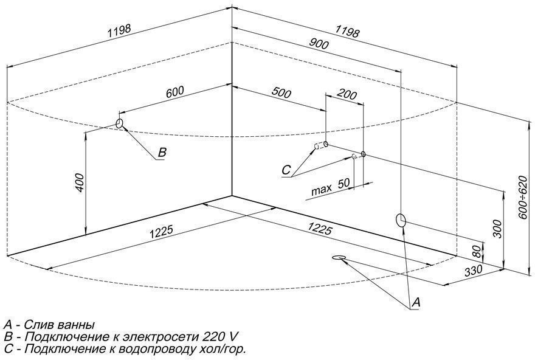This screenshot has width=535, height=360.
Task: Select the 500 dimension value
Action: pyautogui.click(x=281, y=93)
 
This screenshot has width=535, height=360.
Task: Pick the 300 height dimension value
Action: pyautogui.click(x=497, y=228)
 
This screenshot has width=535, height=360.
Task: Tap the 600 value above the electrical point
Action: pyautogui.click(x=174, y=92)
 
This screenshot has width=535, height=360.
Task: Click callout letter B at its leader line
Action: pyautogui.click(x=161, y=153)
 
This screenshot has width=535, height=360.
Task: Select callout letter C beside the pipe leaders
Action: pyautogui.click(x=286, y=170)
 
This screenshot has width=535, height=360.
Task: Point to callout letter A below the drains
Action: pyautogui.click(x=416, y=302)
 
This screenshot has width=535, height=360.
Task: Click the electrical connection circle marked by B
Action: pyautogui.click(x=120, y=124)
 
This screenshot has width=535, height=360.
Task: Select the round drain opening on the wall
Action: pyautogui.click(x=401, y=220)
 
